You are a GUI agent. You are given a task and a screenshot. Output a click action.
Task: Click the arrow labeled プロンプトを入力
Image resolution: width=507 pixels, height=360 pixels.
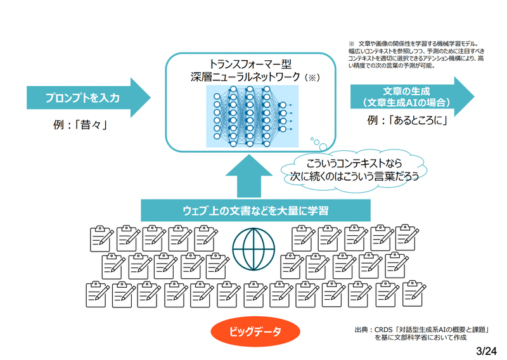[88, 98]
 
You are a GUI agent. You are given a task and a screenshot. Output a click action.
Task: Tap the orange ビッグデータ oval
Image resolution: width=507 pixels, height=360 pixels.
[255, 331]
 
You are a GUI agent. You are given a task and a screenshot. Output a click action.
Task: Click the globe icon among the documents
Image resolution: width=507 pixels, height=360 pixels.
[254, 249]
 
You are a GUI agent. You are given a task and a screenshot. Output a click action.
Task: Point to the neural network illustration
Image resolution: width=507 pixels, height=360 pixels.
[252, 116]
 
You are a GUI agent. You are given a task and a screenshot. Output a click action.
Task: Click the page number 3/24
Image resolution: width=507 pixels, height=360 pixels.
[486, 351]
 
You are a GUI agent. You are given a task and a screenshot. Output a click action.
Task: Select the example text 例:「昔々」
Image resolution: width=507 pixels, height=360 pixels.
[80, 124]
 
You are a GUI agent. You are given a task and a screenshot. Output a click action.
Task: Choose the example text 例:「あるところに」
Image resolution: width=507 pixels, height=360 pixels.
[408, 120]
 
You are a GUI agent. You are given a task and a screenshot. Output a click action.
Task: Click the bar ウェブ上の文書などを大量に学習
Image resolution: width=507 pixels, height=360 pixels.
[255, 210]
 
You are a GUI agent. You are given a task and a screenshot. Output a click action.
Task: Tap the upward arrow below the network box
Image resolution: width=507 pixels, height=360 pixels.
[249, 176]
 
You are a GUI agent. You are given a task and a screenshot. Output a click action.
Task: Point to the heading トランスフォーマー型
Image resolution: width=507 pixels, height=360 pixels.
[250, 64]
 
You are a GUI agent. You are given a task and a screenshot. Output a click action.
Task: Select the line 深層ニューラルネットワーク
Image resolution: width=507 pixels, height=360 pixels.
[245, 77]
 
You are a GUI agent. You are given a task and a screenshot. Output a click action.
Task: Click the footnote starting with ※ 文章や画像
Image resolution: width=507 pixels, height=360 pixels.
[416, 55]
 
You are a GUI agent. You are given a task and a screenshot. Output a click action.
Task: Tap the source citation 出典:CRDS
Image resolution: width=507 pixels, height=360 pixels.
[421, 333]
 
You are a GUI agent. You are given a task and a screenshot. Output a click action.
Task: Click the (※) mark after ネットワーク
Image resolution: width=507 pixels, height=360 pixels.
[312, 77]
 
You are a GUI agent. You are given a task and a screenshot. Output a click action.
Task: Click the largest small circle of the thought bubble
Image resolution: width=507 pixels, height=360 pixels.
[323, 147]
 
